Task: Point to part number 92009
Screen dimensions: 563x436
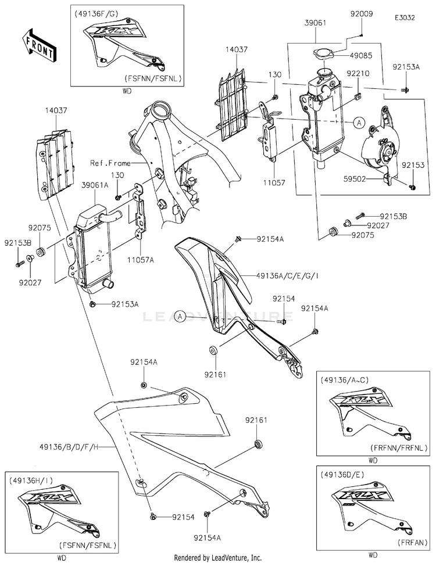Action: pyautogui.click(x=361, y=13)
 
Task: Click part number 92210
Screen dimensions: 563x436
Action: pyautogui.click(x=358, y=74)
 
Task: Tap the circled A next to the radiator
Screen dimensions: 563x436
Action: pyautogui.click(x=359, y=123)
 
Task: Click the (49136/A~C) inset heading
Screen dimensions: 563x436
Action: pyautogui.click(x=344, y=379)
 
